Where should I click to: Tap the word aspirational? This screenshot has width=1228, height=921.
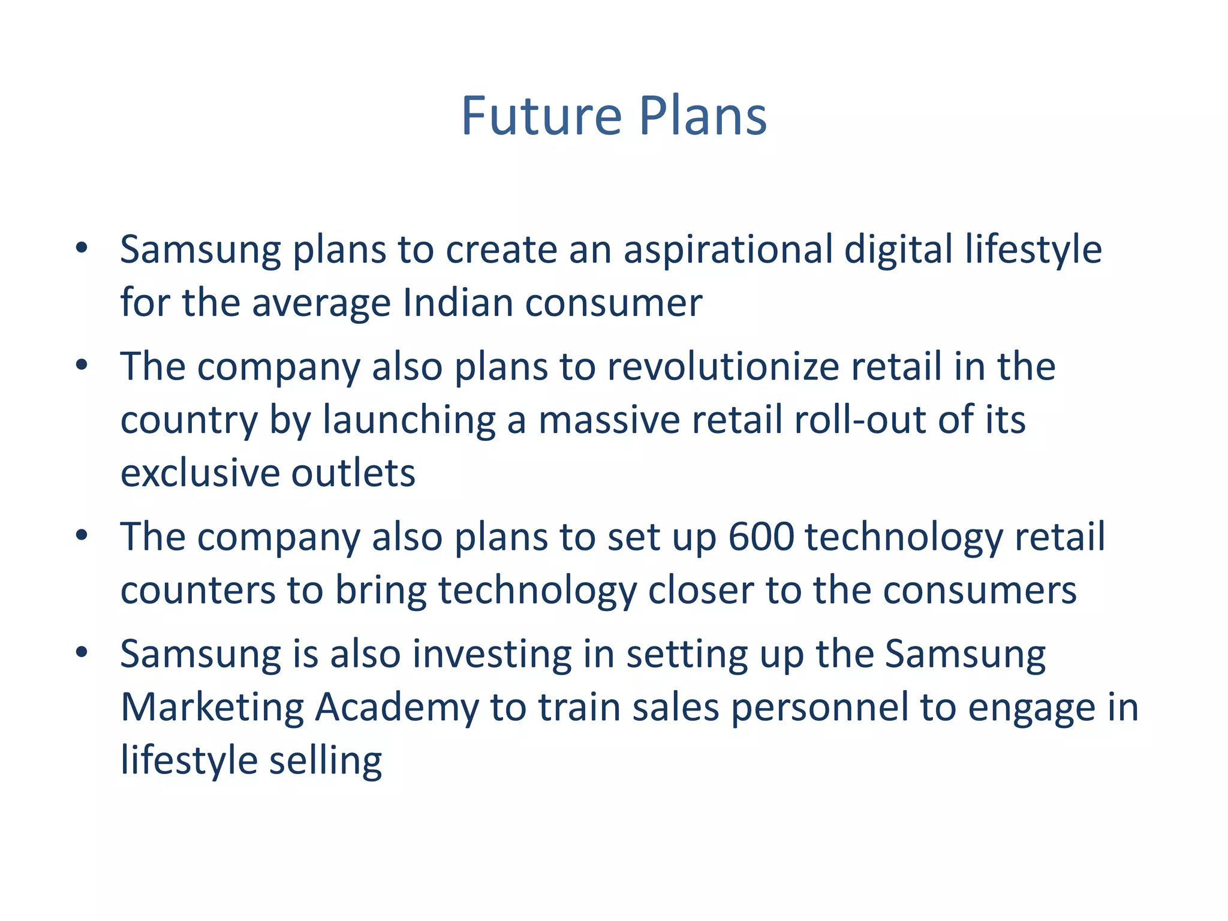[728, 249]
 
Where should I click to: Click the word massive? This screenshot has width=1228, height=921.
[609, 420]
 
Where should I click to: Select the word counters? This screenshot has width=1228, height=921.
[198, 591]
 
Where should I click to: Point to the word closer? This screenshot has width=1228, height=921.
[700, 591]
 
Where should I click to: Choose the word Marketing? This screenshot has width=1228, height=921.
[212, 708]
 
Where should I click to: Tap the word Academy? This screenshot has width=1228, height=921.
[397, 708]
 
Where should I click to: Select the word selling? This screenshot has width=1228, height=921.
[325, 761]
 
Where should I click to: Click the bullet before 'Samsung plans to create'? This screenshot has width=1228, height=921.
[82, 248]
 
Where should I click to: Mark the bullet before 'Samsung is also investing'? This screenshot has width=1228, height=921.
[82, 652]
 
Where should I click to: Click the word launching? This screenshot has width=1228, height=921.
[409, 420]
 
